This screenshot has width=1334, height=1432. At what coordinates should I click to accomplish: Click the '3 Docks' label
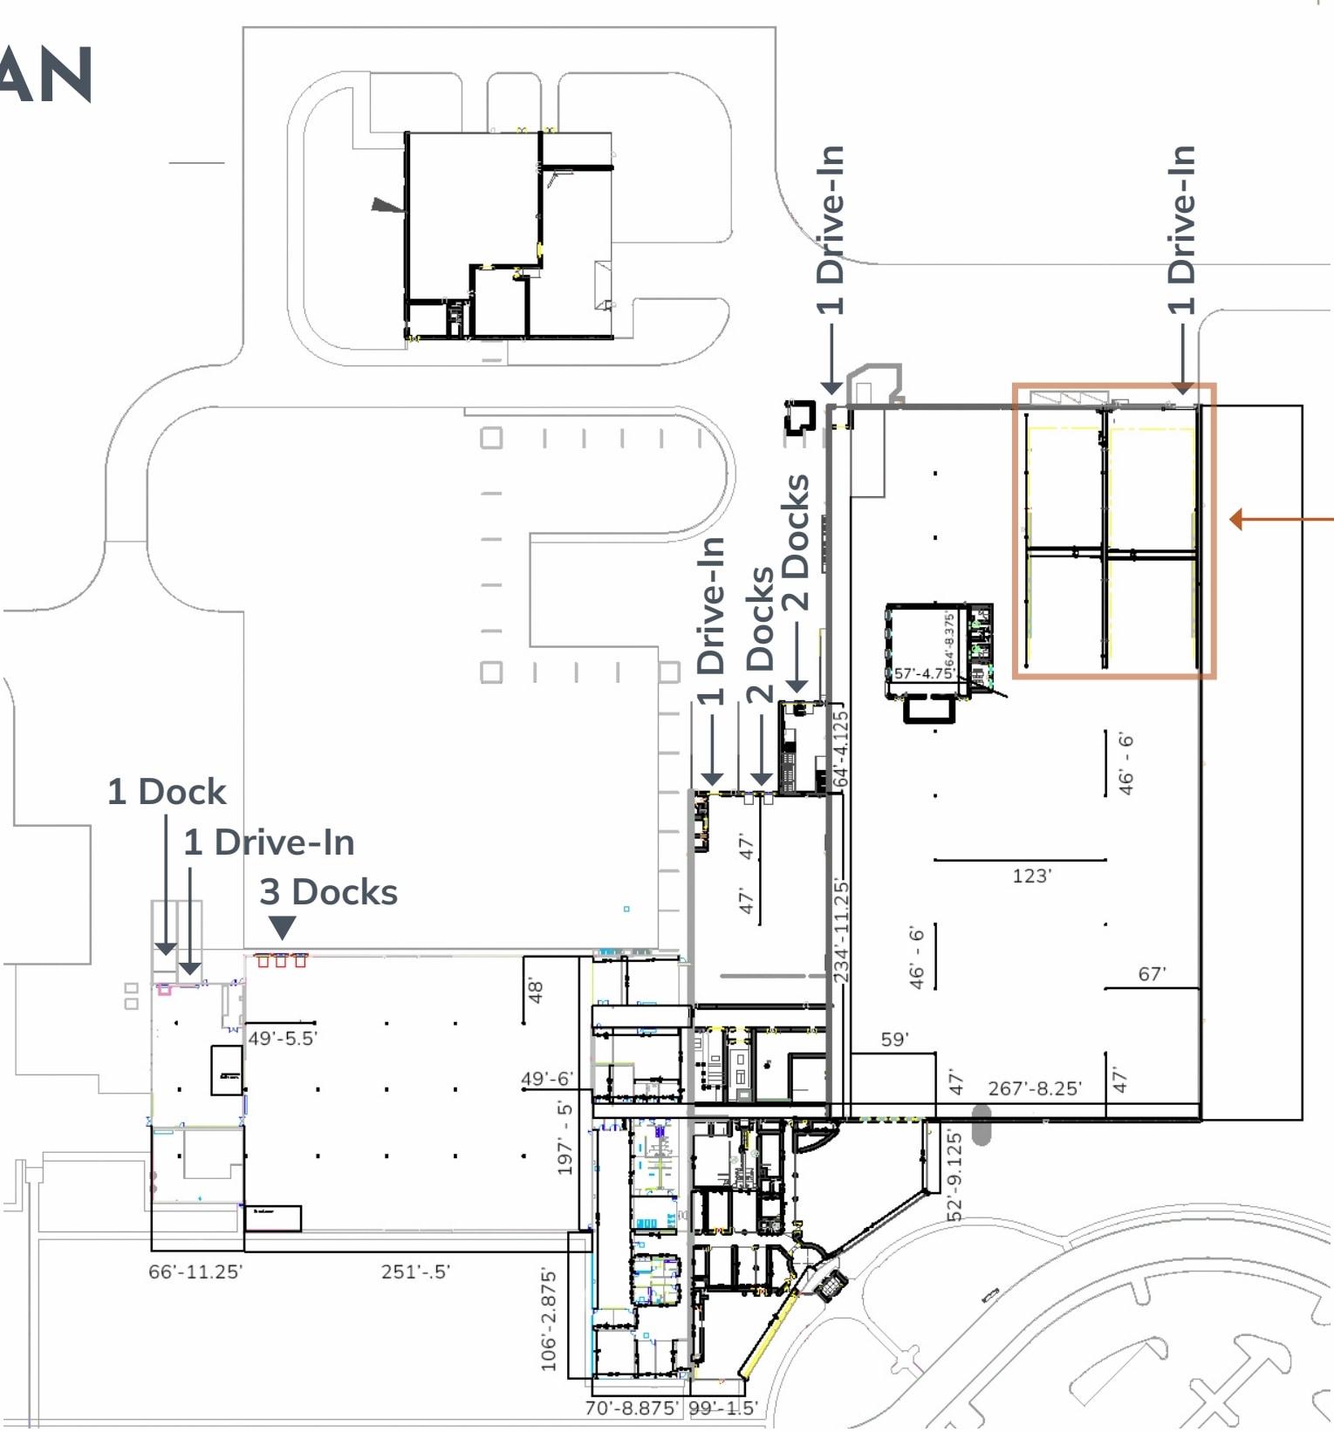pos(328,892)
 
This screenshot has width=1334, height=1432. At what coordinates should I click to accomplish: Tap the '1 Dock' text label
pos(167,792)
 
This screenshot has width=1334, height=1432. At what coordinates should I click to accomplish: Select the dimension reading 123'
pos(1031,876)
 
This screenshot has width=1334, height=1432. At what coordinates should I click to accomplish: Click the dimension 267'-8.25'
pos(1034,1088)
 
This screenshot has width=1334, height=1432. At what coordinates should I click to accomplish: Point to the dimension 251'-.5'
pos(415,1272)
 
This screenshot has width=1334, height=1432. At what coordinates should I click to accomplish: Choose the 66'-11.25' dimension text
pos(195,1272)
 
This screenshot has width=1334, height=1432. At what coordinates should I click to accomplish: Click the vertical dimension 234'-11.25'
pos(841,931)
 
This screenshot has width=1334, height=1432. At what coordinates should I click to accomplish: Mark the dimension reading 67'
pos(1152,974)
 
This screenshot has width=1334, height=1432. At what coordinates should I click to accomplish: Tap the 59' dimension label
pos(894,1040)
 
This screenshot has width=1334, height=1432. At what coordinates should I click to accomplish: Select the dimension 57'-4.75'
pos(923,673)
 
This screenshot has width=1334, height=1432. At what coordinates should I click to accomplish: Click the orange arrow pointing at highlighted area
pos(1279,520)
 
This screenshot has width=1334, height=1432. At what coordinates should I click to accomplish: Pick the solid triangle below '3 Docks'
pos(282,926)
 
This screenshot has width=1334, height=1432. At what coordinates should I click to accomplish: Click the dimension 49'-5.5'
pos(283,1039)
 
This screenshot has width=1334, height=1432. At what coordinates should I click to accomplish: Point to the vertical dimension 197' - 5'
pos(564,1138)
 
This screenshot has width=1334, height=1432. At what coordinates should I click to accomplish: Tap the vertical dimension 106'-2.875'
pos(548,1319)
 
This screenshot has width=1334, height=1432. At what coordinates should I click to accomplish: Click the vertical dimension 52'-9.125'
pos(954,1176)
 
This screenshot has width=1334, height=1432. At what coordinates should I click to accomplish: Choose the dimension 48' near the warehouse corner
pos(536,992)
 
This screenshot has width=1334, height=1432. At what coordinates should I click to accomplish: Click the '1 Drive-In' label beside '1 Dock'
pos(269,842)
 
